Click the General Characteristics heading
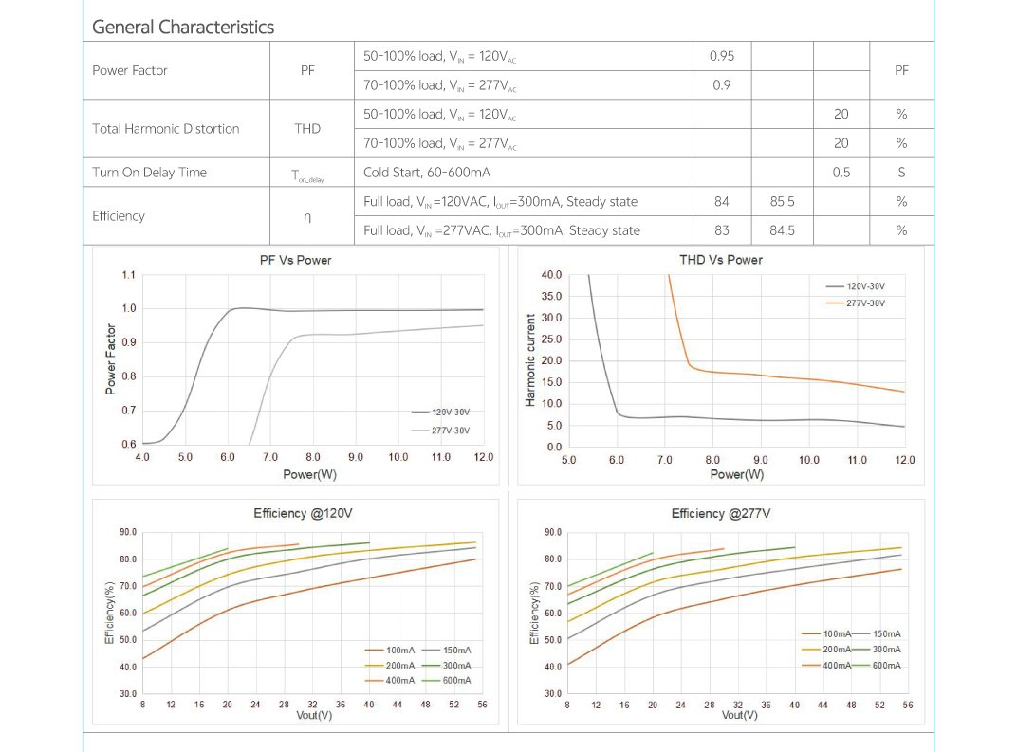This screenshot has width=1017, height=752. pyautogui.click(x=182, y=27)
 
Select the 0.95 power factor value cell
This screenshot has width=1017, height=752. pyautogui.click(x=722, y=56)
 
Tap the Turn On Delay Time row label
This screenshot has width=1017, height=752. pyautogui.click(x=149, y=173)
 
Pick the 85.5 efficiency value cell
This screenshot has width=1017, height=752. pyautogui.click(x=782, y=201)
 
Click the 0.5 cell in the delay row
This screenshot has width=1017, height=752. pyautogui.click(x=841, y=173)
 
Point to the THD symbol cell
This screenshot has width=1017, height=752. pyautogui.click(x=307, y=129)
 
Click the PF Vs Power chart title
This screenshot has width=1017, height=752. pyautogui.click(x=296, y=260)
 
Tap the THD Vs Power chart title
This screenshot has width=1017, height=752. pyautogui.click(x=721, y=260)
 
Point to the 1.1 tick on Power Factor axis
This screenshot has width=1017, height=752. pyautogui.click(x=129, y=275)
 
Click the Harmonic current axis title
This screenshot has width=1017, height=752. pyautogui.click(x=530, y=360)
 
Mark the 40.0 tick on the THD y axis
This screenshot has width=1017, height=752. pyautogui.click(x=551, y=275)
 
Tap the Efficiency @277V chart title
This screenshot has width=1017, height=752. pyautogui.click(x=720, y=513)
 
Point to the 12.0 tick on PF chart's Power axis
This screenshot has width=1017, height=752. pyautogui.click(x=484, y=457)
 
